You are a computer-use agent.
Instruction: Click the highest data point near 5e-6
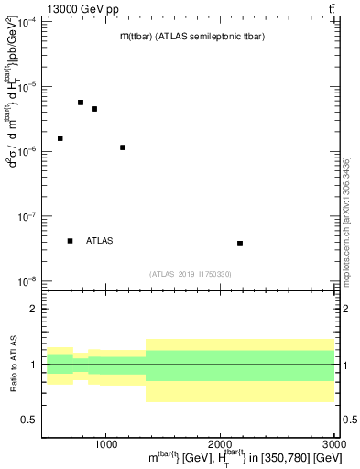(81, 103)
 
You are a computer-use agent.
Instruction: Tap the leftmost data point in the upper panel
(60, 138)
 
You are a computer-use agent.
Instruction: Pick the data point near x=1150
(123, 147)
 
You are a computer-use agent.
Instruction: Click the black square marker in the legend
(71, 241)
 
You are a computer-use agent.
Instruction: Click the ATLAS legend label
(100, 241)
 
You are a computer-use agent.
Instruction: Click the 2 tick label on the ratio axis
(34, 310)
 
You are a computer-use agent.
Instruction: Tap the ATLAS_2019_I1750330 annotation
(191, 274)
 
